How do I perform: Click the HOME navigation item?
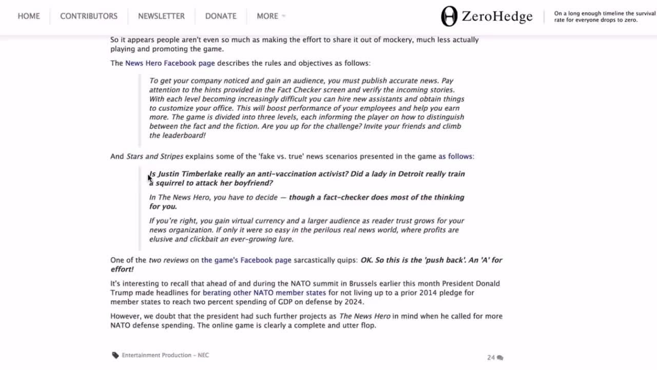(29, 16)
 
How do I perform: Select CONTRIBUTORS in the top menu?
(89, 16)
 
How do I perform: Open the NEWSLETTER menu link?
(161, 16)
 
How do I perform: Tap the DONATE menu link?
(221, 16)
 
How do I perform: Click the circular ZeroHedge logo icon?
(449, 16)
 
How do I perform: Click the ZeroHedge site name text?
(497, 16)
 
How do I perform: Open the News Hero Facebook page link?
(170, 63)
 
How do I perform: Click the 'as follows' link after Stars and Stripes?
(456, 156)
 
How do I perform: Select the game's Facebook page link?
(246, 260)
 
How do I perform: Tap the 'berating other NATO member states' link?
(264, 293)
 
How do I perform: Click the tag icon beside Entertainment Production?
(115, 355)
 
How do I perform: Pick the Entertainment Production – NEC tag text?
(165, 355)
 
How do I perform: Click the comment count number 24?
(491, 358)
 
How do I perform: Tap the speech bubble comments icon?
(500, 358)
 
